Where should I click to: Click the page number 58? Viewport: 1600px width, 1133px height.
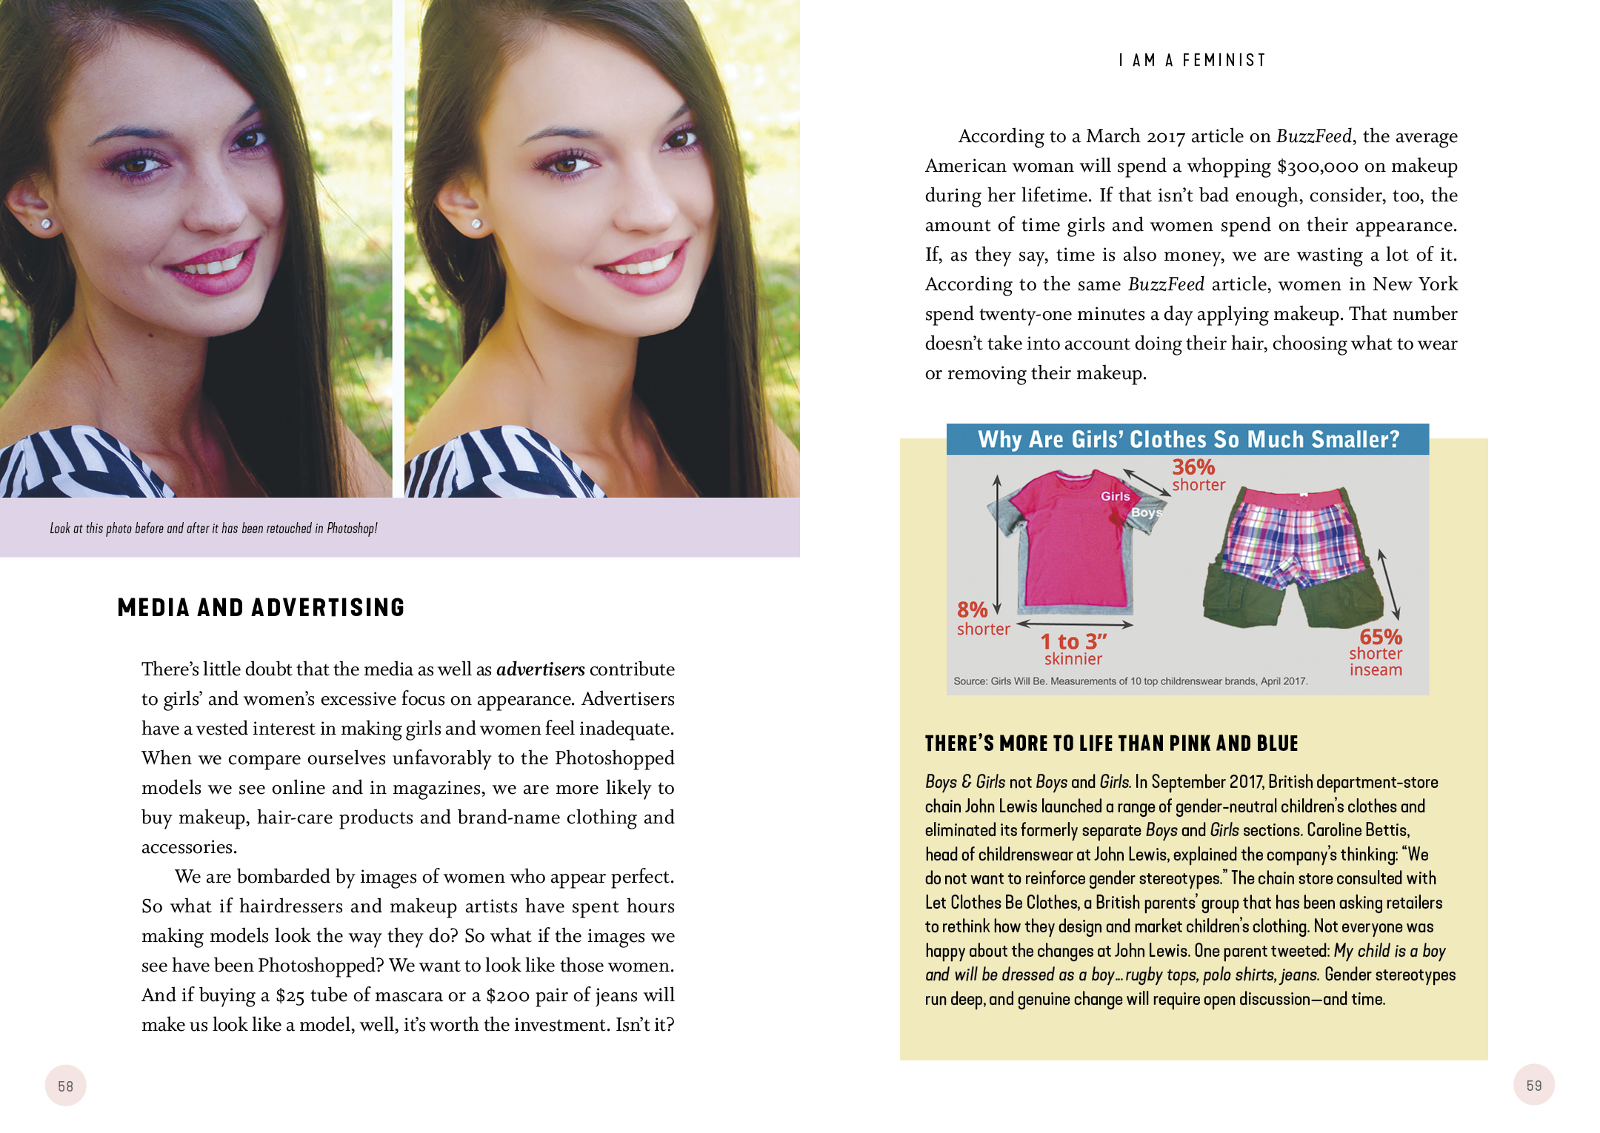65,1086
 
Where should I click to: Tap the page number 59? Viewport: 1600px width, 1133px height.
1533,1085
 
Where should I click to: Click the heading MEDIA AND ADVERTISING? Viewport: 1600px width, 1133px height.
261,607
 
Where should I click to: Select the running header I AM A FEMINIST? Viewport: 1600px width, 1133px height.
1192,60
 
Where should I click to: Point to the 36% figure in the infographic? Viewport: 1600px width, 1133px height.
1193,467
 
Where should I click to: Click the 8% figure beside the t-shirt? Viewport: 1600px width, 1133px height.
972,609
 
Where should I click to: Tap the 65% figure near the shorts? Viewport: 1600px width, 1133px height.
1380,636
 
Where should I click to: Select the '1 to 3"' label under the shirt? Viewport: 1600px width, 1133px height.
1073,641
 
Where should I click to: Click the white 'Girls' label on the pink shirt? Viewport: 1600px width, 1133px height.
1115,496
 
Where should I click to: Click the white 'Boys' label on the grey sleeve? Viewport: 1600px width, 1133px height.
1146,512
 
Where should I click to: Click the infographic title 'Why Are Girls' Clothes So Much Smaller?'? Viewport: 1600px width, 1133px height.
1188,439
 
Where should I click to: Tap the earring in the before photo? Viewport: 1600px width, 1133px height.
46,223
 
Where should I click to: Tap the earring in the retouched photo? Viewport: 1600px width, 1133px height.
476,223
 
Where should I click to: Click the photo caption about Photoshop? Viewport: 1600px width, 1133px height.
213,528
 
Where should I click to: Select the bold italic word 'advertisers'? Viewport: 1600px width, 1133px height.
540,669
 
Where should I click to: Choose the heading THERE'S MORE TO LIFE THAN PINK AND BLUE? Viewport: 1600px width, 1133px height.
1111,743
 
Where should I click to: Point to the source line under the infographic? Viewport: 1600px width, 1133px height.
1130,681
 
